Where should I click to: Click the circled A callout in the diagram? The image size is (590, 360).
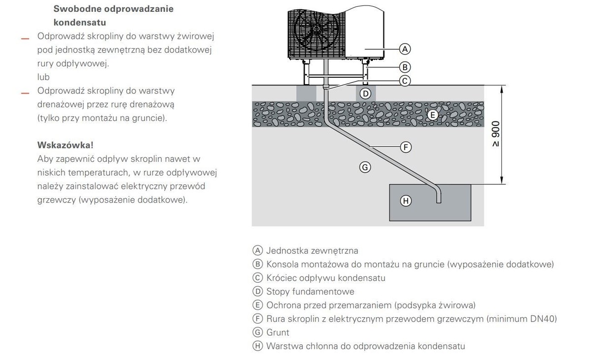click(x=405, y=49)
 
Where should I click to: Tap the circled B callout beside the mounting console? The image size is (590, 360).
click(x=405, y=67)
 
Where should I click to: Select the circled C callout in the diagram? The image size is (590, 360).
click(x=405, y=81)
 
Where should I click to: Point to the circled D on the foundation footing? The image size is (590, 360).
click(x=365, y=93)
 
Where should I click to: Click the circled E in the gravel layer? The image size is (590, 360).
click(x=432, y=115)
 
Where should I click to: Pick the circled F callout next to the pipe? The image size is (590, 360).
click(x=406, y=147)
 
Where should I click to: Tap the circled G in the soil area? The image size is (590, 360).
click(x=364, y=167)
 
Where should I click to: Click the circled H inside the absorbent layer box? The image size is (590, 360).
click(x=406, y=201)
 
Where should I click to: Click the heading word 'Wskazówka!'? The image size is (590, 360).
click(x=65, y=145)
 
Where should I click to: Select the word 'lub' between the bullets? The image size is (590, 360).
click(x=43, y=77)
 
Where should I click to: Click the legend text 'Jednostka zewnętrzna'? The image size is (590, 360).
click(x=312, y=251)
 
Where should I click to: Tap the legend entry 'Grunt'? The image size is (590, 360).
click(x=278, y=332)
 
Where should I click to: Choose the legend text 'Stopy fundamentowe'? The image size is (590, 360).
click(x=310, y=292)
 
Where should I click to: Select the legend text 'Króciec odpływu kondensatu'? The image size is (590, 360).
click(x=326, y=278)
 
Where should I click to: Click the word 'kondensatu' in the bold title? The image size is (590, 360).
click(x=80, y=23)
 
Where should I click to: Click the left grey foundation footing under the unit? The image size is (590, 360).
click(x=306, y=93)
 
